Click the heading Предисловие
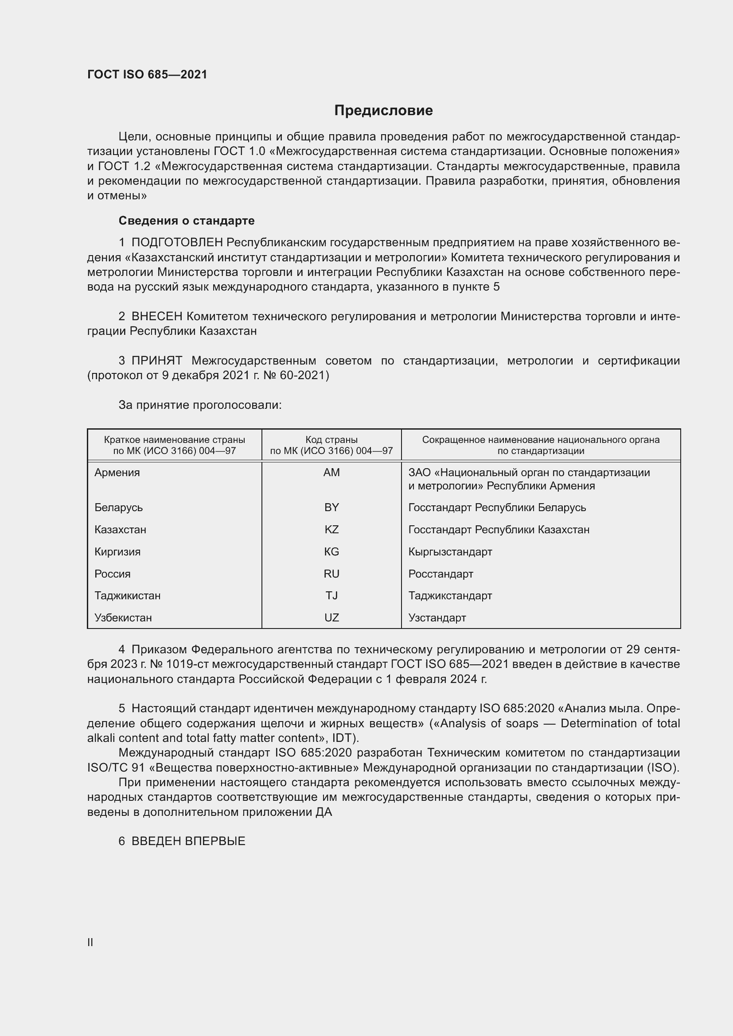(383, 111)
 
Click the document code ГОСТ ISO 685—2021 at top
(147, 74)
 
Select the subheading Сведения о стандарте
(187, 221)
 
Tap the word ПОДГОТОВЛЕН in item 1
(177, 243)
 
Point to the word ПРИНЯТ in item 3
(156, 361)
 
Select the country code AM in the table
(331, 473)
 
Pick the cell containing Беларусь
(119, 508)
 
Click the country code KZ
(331, 530)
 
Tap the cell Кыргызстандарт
(450, 552)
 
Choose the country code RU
(331, 574)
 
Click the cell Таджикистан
(128, 596)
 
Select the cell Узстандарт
(437, 618)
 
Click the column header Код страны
(331, 439)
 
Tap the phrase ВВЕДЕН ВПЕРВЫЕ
(188, 841)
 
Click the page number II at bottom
(90, 942)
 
